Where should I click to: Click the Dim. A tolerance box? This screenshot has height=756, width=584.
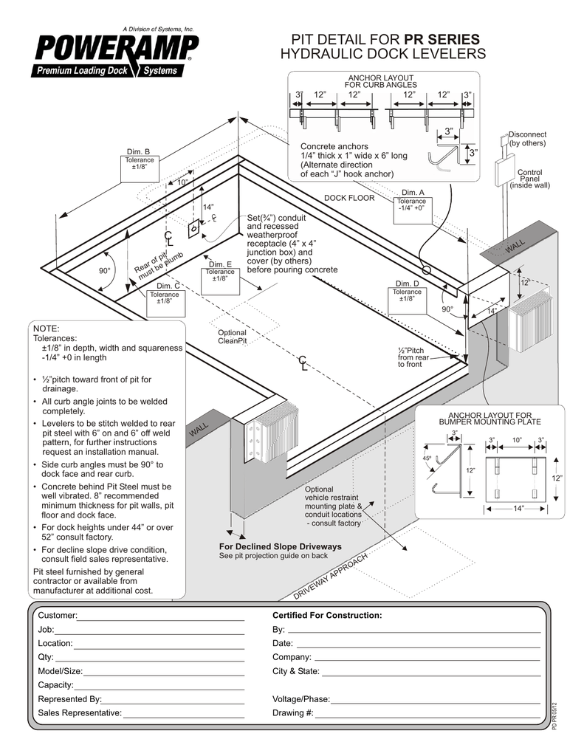point(411,205)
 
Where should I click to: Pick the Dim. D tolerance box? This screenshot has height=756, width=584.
point(407,295)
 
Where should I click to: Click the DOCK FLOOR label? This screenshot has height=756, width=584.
point(349,198)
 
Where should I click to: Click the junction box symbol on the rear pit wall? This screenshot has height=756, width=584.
point(193,230)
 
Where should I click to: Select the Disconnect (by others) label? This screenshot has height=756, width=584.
point(527,139)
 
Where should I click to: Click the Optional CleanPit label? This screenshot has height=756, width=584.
point(232,337)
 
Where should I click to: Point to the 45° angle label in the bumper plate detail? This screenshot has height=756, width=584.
point(427,458)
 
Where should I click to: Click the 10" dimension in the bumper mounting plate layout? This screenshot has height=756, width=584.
point(517,440)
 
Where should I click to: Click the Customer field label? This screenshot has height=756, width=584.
point(58,616)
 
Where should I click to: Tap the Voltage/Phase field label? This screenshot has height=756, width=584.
point(300,699)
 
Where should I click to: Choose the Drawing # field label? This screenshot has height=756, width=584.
point(292,713)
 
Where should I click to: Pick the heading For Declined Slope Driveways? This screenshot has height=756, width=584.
point(281,546)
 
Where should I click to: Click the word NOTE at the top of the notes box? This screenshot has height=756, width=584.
point(44,328)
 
